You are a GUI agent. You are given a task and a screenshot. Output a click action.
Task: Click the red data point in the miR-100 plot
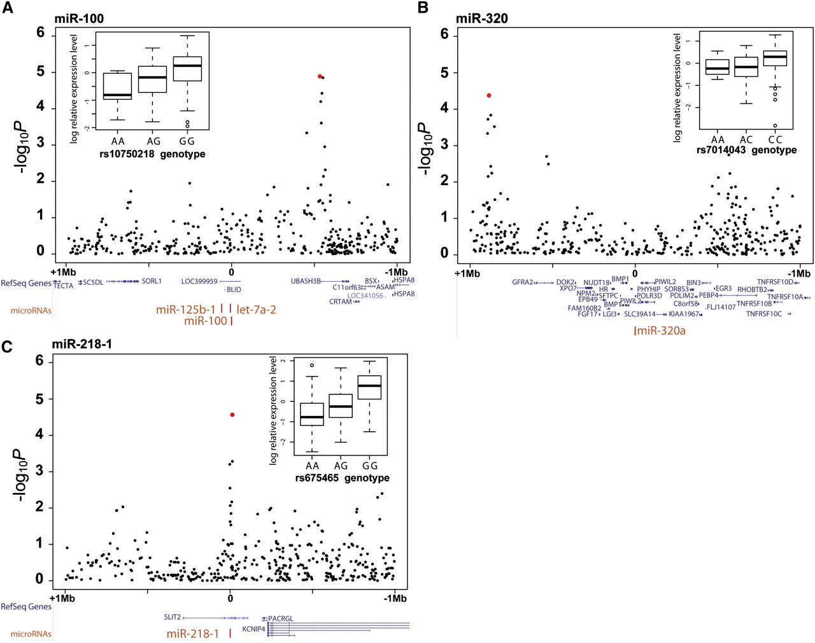click(320, 76)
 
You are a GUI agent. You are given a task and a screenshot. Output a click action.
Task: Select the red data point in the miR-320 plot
click(488, 95)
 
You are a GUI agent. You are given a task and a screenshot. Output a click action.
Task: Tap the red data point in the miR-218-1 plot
click(232, 415)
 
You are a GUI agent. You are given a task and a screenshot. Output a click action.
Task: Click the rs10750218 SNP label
click(127, 154)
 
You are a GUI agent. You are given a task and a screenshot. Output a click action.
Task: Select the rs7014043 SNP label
click(721, 150)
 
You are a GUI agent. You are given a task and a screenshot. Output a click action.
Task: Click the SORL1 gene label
click(152, 281)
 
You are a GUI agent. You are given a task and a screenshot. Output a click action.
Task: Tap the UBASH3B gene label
click(306, 281)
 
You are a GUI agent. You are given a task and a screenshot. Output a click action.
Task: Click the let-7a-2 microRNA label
click(256, 310)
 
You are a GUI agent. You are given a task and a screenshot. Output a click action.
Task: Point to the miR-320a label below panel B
click(661, 331)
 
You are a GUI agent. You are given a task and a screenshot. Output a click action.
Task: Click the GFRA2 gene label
click(522, 282)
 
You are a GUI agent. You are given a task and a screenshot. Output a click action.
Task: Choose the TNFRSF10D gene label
click(775, 282)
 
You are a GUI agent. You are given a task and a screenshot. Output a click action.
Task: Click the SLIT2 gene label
click(173, 617)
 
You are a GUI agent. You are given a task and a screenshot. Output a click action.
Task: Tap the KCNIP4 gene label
click(253, 629)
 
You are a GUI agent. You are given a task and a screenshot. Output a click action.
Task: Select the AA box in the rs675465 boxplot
click(312, 414)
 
